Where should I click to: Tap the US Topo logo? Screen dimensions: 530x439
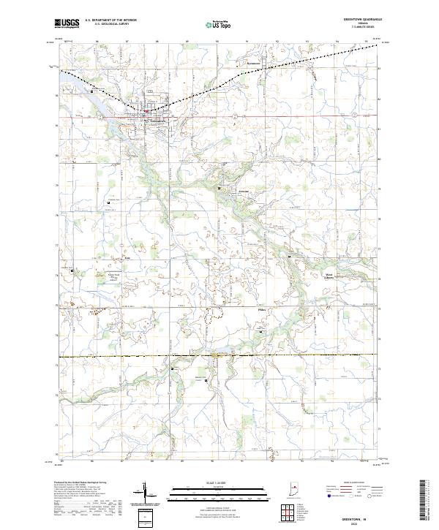click(x=219, y=23)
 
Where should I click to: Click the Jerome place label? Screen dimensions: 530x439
click(x=225, y=192)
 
